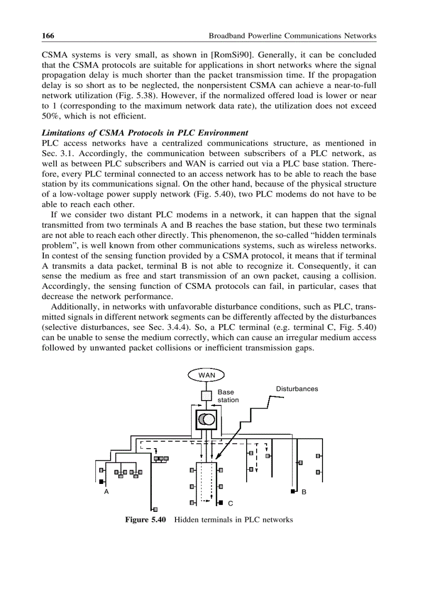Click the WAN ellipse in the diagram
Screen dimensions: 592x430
tap(207, 375)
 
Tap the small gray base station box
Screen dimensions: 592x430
tap(207, 395)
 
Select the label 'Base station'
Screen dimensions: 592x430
tap(228, 396)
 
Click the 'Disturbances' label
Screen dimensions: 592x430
tap(297, 389)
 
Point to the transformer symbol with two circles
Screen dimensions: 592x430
tap(206, 420)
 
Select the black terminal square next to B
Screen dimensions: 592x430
tap(293, 492)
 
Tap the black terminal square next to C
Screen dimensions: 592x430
tap(221, 502)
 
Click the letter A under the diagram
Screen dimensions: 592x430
tap(106, 492)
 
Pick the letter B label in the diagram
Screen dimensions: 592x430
tap(304, 492)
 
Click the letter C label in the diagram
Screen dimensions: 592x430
tap(230, 503)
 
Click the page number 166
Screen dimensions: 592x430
tap(48, 36)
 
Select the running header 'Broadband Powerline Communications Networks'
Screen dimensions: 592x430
tap(292, 36)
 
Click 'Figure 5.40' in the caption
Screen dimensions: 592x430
tap(145, 520)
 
